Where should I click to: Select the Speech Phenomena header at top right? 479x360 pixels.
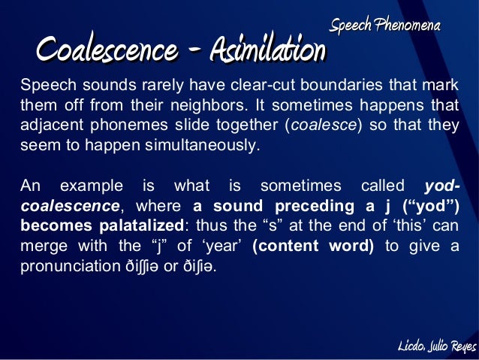(x=385, y=26)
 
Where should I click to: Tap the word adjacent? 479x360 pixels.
(x=50, y=124)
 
